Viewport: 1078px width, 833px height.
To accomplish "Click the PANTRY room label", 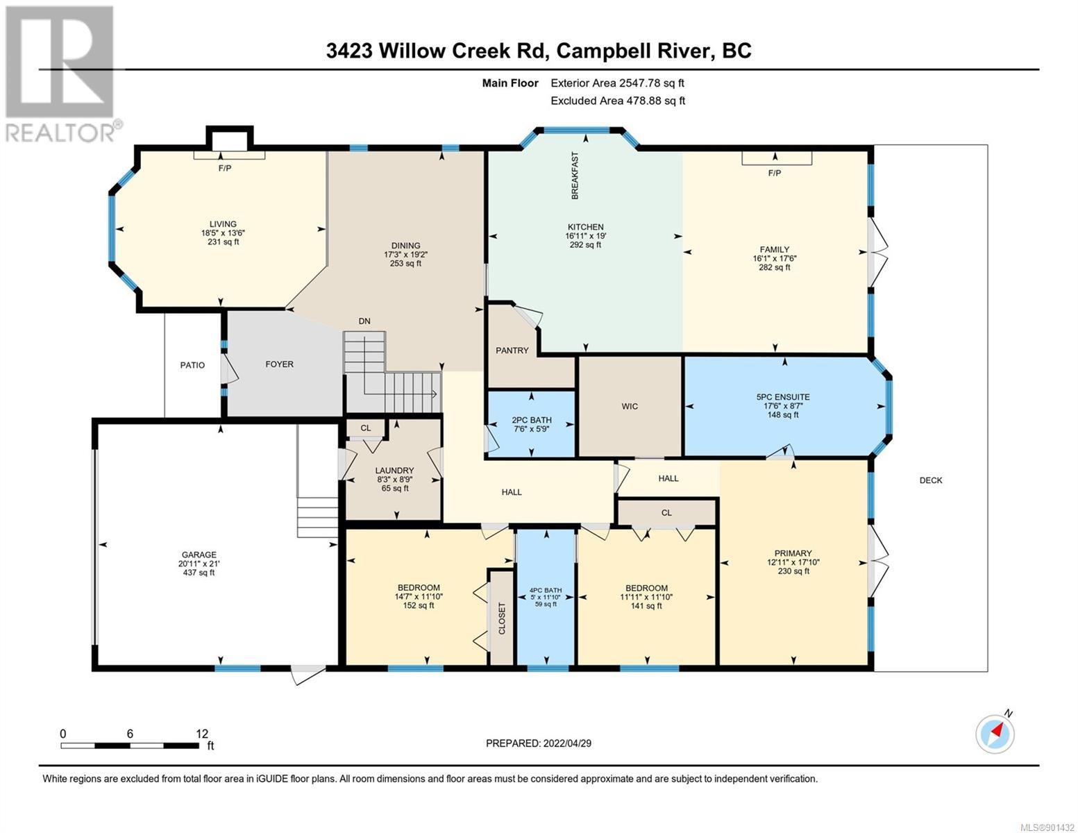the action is click(x=512, y=351).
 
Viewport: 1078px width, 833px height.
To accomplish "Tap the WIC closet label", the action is click(x=630, y=406).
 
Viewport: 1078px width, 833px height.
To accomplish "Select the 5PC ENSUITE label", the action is click(x=783, y=397).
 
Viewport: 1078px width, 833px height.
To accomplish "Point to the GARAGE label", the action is click(x=199, y=555).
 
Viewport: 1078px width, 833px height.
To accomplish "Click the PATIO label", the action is click(x=192, y=365).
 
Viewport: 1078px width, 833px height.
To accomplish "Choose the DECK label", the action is click(x=931, y=480).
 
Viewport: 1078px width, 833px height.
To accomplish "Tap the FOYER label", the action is click(x=279, y=364).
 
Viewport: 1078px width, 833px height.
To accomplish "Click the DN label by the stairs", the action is click(x=364, y=321).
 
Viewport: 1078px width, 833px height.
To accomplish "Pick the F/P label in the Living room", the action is click(x=225, y=168).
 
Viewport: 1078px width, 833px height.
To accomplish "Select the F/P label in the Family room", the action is click(x=775, y=173).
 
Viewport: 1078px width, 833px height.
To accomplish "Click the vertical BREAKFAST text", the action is click(x=575, y=176).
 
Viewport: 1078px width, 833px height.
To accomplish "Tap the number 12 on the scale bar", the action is click(x=202, y=734).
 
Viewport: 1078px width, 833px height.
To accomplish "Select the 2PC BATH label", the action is click(x=532, y=420).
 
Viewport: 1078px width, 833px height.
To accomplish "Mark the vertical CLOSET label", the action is click(x=502, y=619).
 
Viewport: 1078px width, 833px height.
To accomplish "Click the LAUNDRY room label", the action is click(x=394, y=471).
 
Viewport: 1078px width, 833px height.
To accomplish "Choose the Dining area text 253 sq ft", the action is click(x=405, y=264).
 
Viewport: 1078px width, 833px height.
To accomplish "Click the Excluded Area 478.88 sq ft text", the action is click(x=618, y=101).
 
